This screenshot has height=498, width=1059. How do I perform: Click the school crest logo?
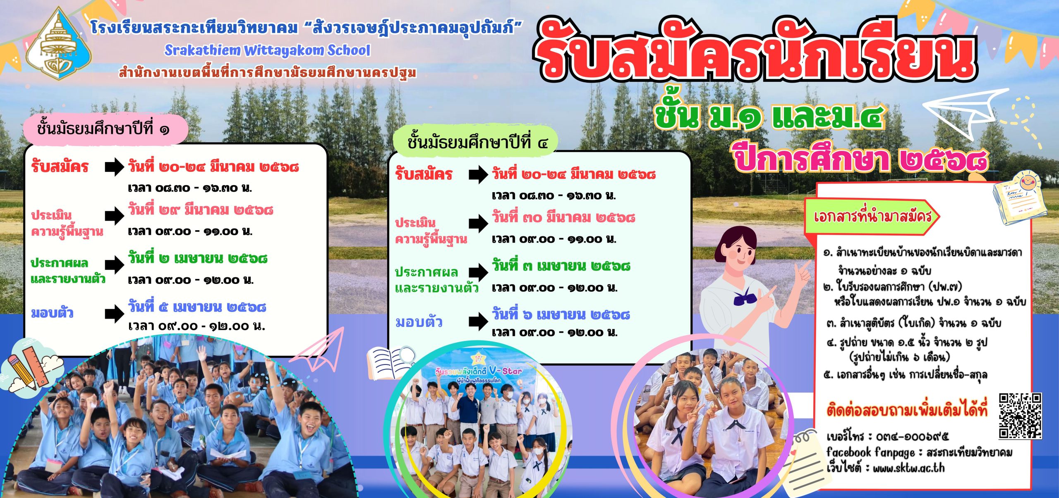tap(59, 45)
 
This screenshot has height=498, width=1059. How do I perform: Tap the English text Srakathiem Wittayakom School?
tap(267, 50)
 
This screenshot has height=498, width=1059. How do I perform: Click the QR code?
tap(1020, 416)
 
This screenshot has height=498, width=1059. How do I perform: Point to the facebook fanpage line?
tap(919, 452)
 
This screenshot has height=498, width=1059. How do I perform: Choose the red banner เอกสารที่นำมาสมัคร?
tap(872, 217)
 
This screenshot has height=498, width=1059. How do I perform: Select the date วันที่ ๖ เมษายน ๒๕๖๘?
tap(561, 315)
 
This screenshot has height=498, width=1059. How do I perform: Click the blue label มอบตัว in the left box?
tap(52, 313)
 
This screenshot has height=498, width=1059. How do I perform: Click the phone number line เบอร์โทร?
tap(887, 436)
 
